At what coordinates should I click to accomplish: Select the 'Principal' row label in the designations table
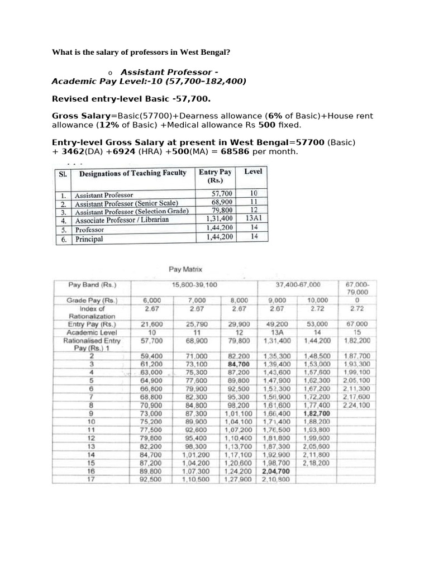[89, 239]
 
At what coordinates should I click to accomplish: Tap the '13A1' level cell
[253, 220]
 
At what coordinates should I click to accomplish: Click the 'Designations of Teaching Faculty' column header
[133, 173]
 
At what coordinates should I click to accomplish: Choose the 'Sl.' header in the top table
[63, 174]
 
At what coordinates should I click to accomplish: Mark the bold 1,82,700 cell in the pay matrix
[316, 413]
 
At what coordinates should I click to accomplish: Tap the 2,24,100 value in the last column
[357, 405]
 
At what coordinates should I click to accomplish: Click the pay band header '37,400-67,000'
[298, 285]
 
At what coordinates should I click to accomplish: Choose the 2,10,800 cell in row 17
[275, 479]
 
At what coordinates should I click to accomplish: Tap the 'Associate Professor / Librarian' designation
[122, 220]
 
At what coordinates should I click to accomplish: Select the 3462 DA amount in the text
[71, 152]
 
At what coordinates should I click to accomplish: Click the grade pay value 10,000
[317, 300]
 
